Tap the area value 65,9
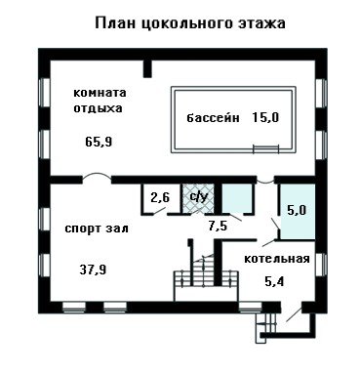coord(99,142)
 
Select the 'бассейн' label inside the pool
coord(213,117)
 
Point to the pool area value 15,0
coord(265,117)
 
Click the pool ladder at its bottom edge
coord(266,148)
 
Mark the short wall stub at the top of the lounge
coord(147,68)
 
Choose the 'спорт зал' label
coord(97,229)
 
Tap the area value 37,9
coord(93,270)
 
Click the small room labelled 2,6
coord(160,198)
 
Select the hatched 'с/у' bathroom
coord(198,198)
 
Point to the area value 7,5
coord(218,226)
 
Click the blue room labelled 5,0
coord(298,211)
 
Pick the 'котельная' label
coord(277,259)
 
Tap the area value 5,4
coord(274,281)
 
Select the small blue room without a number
coord(238,197)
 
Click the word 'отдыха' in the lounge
coord(98,108)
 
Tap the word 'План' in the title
coord(115,23)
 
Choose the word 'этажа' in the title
coord(264,23)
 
